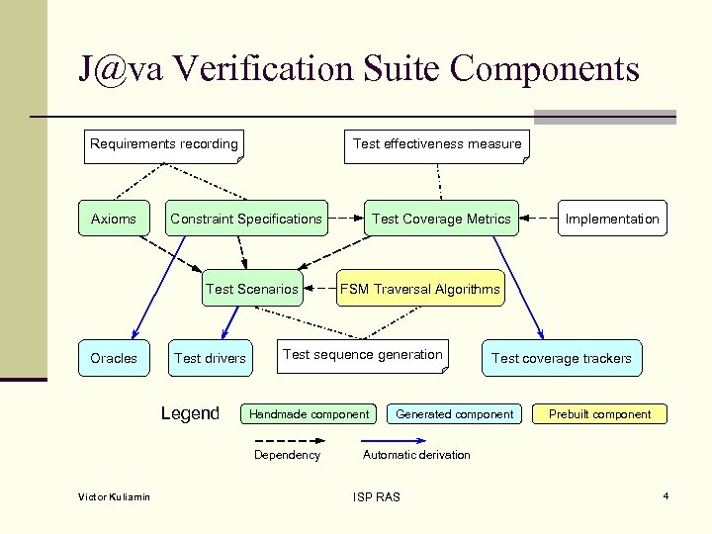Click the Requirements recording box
tap(164, 144)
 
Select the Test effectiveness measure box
tap(436, 144)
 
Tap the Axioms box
tap(114, 219)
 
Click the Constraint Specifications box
tap(246, 219)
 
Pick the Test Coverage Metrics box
tap(441, 219)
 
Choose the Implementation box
tap(611, 219)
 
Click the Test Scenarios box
tap(251, 289)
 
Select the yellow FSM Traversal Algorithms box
tap(420, 289)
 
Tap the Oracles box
tap(114, 358)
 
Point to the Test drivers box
tap(210, 358)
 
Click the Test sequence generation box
tap(363, 355)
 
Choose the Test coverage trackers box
tap(561, 358)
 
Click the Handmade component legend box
tap(310, 414)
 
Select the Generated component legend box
tap(455, 414)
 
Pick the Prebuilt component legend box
tap(600, 414)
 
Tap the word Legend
tap(190, 413)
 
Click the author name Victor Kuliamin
tap(115, 496)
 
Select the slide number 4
tap(667, 494)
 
